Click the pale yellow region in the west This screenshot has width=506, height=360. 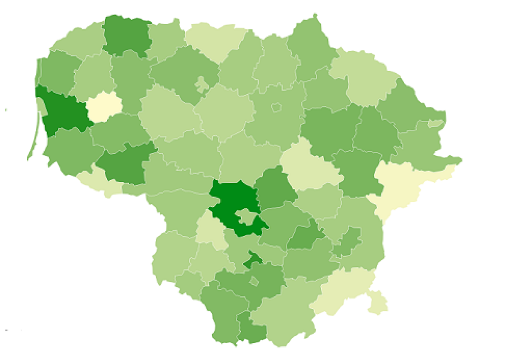104,107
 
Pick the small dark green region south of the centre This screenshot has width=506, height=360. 253,260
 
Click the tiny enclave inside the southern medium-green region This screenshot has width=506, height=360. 254,281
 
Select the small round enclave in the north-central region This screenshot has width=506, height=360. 276,107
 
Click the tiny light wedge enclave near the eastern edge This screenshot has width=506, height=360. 436,123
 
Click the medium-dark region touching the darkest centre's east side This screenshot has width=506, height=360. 275,188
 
